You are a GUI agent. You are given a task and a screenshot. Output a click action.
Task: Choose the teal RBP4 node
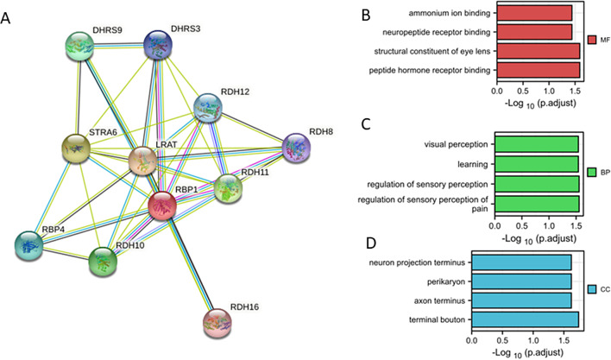click(x=31, y=246)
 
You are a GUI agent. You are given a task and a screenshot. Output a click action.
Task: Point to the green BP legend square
click(x=591, y=173)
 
